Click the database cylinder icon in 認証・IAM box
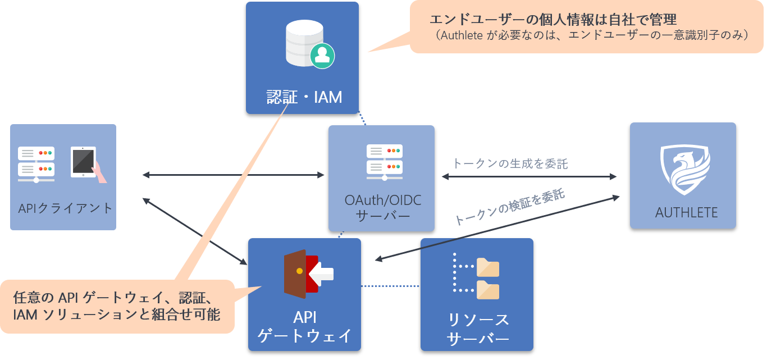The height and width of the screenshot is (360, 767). click(x=304, y=43)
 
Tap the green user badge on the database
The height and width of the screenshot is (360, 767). click(x=322, y=56)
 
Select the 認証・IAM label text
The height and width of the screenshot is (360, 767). click(x=304, y=97)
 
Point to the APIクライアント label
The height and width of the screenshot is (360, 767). click(x=65, y=208)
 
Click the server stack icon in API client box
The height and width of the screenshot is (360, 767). click(x=36, y=165)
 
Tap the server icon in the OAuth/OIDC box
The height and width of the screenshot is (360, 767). click(x=385, y=162)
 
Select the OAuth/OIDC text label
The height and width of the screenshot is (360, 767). click(x=383, y=200)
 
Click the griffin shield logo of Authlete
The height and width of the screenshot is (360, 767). click(x=685, y=169)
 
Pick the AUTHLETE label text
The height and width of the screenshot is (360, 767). click(x=686, y=213)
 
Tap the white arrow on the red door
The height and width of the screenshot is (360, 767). click(x=321, y=274)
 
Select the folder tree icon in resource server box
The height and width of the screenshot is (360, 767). click(x=476, y=276)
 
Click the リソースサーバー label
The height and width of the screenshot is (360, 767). click(x=478, y=329)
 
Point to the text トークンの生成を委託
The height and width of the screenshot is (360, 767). click(x=510, y=164)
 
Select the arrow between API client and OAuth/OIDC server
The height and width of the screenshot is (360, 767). click(x=233, y=175)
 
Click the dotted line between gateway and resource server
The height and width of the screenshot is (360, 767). click(x=390, y=286)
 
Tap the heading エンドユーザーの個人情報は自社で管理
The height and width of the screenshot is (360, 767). click(x=553, y=20)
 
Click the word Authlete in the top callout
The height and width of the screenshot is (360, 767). click(x=462, y=35)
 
